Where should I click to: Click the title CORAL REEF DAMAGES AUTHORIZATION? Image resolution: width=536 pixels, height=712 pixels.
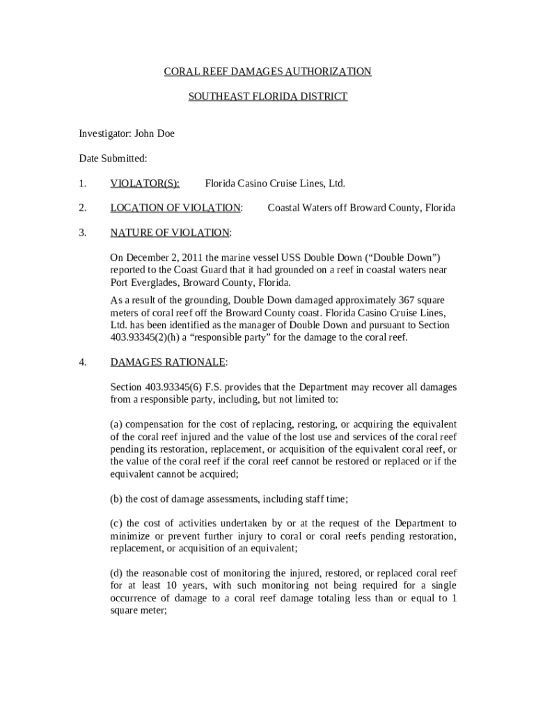click(267, 72)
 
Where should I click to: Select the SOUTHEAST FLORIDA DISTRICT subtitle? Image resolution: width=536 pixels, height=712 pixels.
click(267, 97)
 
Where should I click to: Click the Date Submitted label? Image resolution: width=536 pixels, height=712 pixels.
click(113, 159)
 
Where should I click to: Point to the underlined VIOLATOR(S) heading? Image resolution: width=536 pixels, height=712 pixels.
click(145, 184)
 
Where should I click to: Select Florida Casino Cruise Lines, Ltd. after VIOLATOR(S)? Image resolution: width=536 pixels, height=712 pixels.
click(275, 184)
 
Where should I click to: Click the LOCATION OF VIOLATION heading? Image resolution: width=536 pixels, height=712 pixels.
click(175, 208)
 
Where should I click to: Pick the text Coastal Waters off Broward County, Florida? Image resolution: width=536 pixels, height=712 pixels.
click(361, 208)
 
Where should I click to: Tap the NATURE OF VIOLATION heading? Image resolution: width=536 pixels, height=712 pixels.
click(170, 232)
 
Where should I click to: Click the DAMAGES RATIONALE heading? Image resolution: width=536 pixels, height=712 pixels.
click(168, 362)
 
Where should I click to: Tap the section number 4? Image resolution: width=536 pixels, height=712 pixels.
click(83, 362)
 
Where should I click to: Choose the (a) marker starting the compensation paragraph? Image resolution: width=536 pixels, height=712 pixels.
click(117, 424)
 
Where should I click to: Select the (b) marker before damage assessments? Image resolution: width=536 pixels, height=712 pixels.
click(117, 499)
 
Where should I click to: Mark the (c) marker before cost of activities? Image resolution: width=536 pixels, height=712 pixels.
click(117, 523)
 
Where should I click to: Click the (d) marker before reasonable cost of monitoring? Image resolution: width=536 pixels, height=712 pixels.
click(117, 573)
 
